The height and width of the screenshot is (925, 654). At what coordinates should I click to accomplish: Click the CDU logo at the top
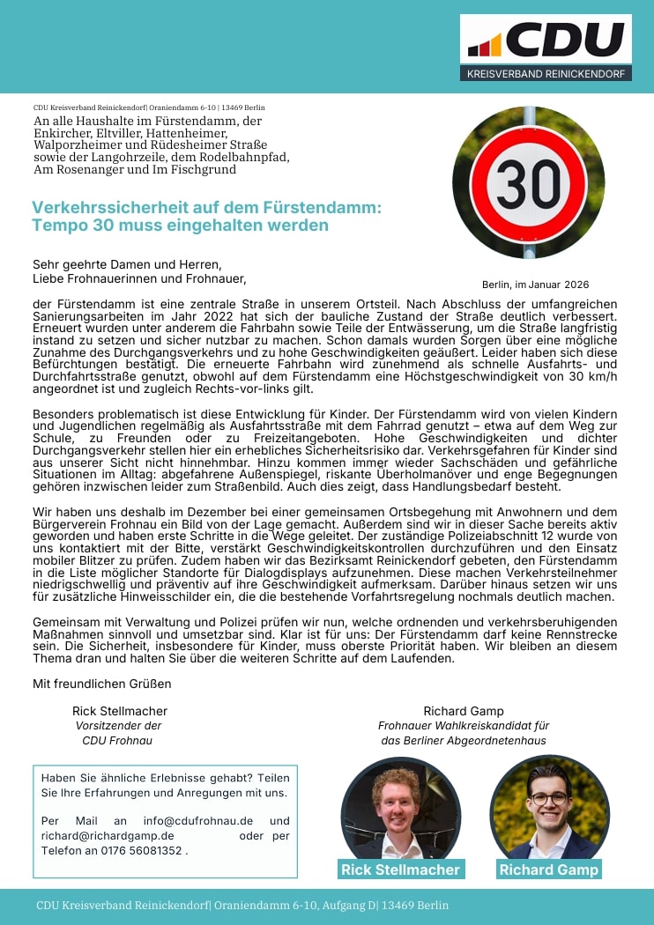pos(546,40)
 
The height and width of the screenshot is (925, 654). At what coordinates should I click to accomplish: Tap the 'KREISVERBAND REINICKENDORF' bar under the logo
pos(546,74)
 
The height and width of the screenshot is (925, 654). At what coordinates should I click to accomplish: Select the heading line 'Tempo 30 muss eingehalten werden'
pos(180,226)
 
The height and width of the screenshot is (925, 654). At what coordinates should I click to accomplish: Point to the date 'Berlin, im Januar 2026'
pos(535,285)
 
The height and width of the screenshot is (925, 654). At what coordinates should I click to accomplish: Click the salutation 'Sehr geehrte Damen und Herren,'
pos(127,264)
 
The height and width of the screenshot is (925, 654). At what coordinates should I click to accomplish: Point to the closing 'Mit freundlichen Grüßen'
pos(102,684)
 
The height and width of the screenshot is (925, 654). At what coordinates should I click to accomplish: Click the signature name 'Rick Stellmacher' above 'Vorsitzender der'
pos(120,711)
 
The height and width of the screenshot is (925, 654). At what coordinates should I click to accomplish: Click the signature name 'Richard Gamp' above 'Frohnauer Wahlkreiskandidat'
pos(464,711)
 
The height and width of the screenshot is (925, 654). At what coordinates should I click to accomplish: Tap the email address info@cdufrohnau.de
pos(198,821)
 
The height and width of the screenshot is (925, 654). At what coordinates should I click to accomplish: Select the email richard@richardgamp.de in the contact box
pos(108,836)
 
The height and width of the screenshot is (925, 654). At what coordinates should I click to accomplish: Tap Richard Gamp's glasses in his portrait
pos(548,797)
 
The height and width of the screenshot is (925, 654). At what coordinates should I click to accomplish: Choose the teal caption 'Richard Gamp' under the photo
pos(548,869)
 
